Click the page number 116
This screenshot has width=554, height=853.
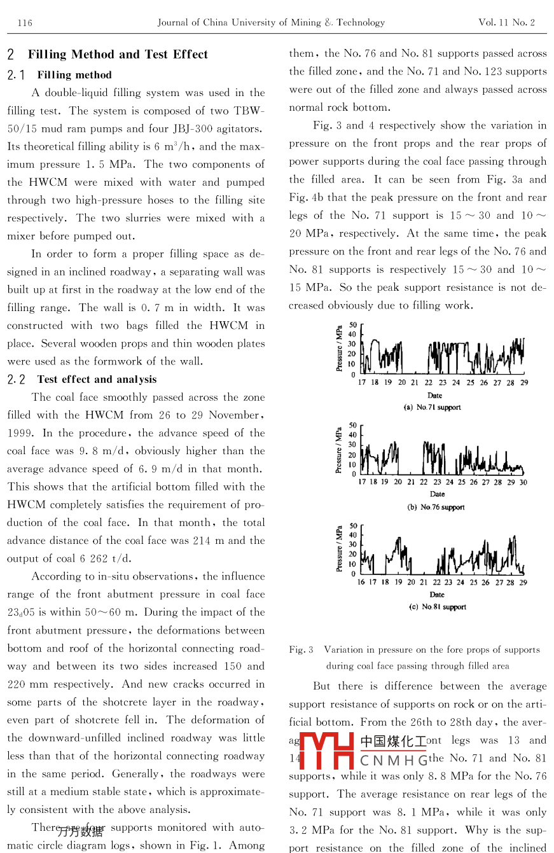click(x=25, y=23)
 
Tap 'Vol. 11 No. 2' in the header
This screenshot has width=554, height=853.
click(x=506, y=23)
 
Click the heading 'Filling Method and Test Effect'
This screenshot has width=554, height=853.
click(x=118, y=55)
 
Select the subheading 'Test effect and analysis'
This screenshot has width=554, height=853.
click(x=97, y=380)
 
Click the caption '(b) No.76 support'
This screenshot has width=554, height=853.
click(x=436, y=508)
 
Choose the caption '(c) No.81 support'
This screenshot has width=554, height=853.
click(x=437, y=607)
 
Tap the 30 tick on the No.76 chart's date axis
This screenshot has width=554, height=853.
click(x=523, y=482)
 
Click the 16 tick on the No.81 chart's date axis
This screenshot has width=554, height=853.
click(x=361, y=582)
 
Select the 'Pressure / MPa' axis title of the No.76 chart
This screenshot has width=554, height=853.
click(x=339, y=449)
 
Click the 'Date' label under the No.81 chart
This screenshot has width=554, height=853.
click(x=436, y=595)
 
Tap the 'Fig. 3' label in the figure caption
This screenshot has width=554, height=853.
click(x=301, y=650)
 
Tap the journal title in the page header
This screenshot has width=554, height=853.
click(x=271, y=23)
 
